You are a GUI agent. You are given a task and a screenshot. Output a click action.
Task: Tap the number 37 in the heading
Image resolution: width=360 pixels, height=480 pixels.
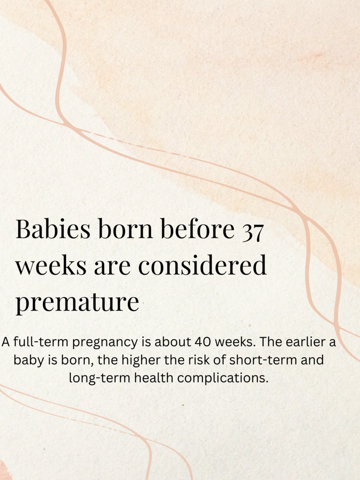tap(253, 232)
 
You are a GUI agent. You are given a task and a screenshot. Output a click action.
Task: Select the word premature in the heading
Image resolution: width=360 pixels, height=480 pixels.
tap(77, 302)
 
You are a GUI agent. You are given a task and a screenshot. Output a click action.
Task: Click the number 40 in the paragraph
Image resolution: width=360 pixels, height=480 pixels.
tap(202, 342)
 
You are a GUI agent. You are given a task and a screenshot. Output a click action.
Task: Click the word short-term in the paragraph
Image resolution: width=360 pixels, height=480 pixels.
tap(263, 360)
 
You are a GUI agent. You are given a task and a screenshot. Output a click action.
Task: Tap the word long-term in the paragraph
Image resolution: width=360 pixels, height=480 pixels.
tap(100, 378)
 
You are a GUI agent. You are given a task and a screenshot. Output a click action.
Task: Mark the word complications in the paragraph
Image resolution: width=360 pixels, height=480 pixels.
tap(223, 378)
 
